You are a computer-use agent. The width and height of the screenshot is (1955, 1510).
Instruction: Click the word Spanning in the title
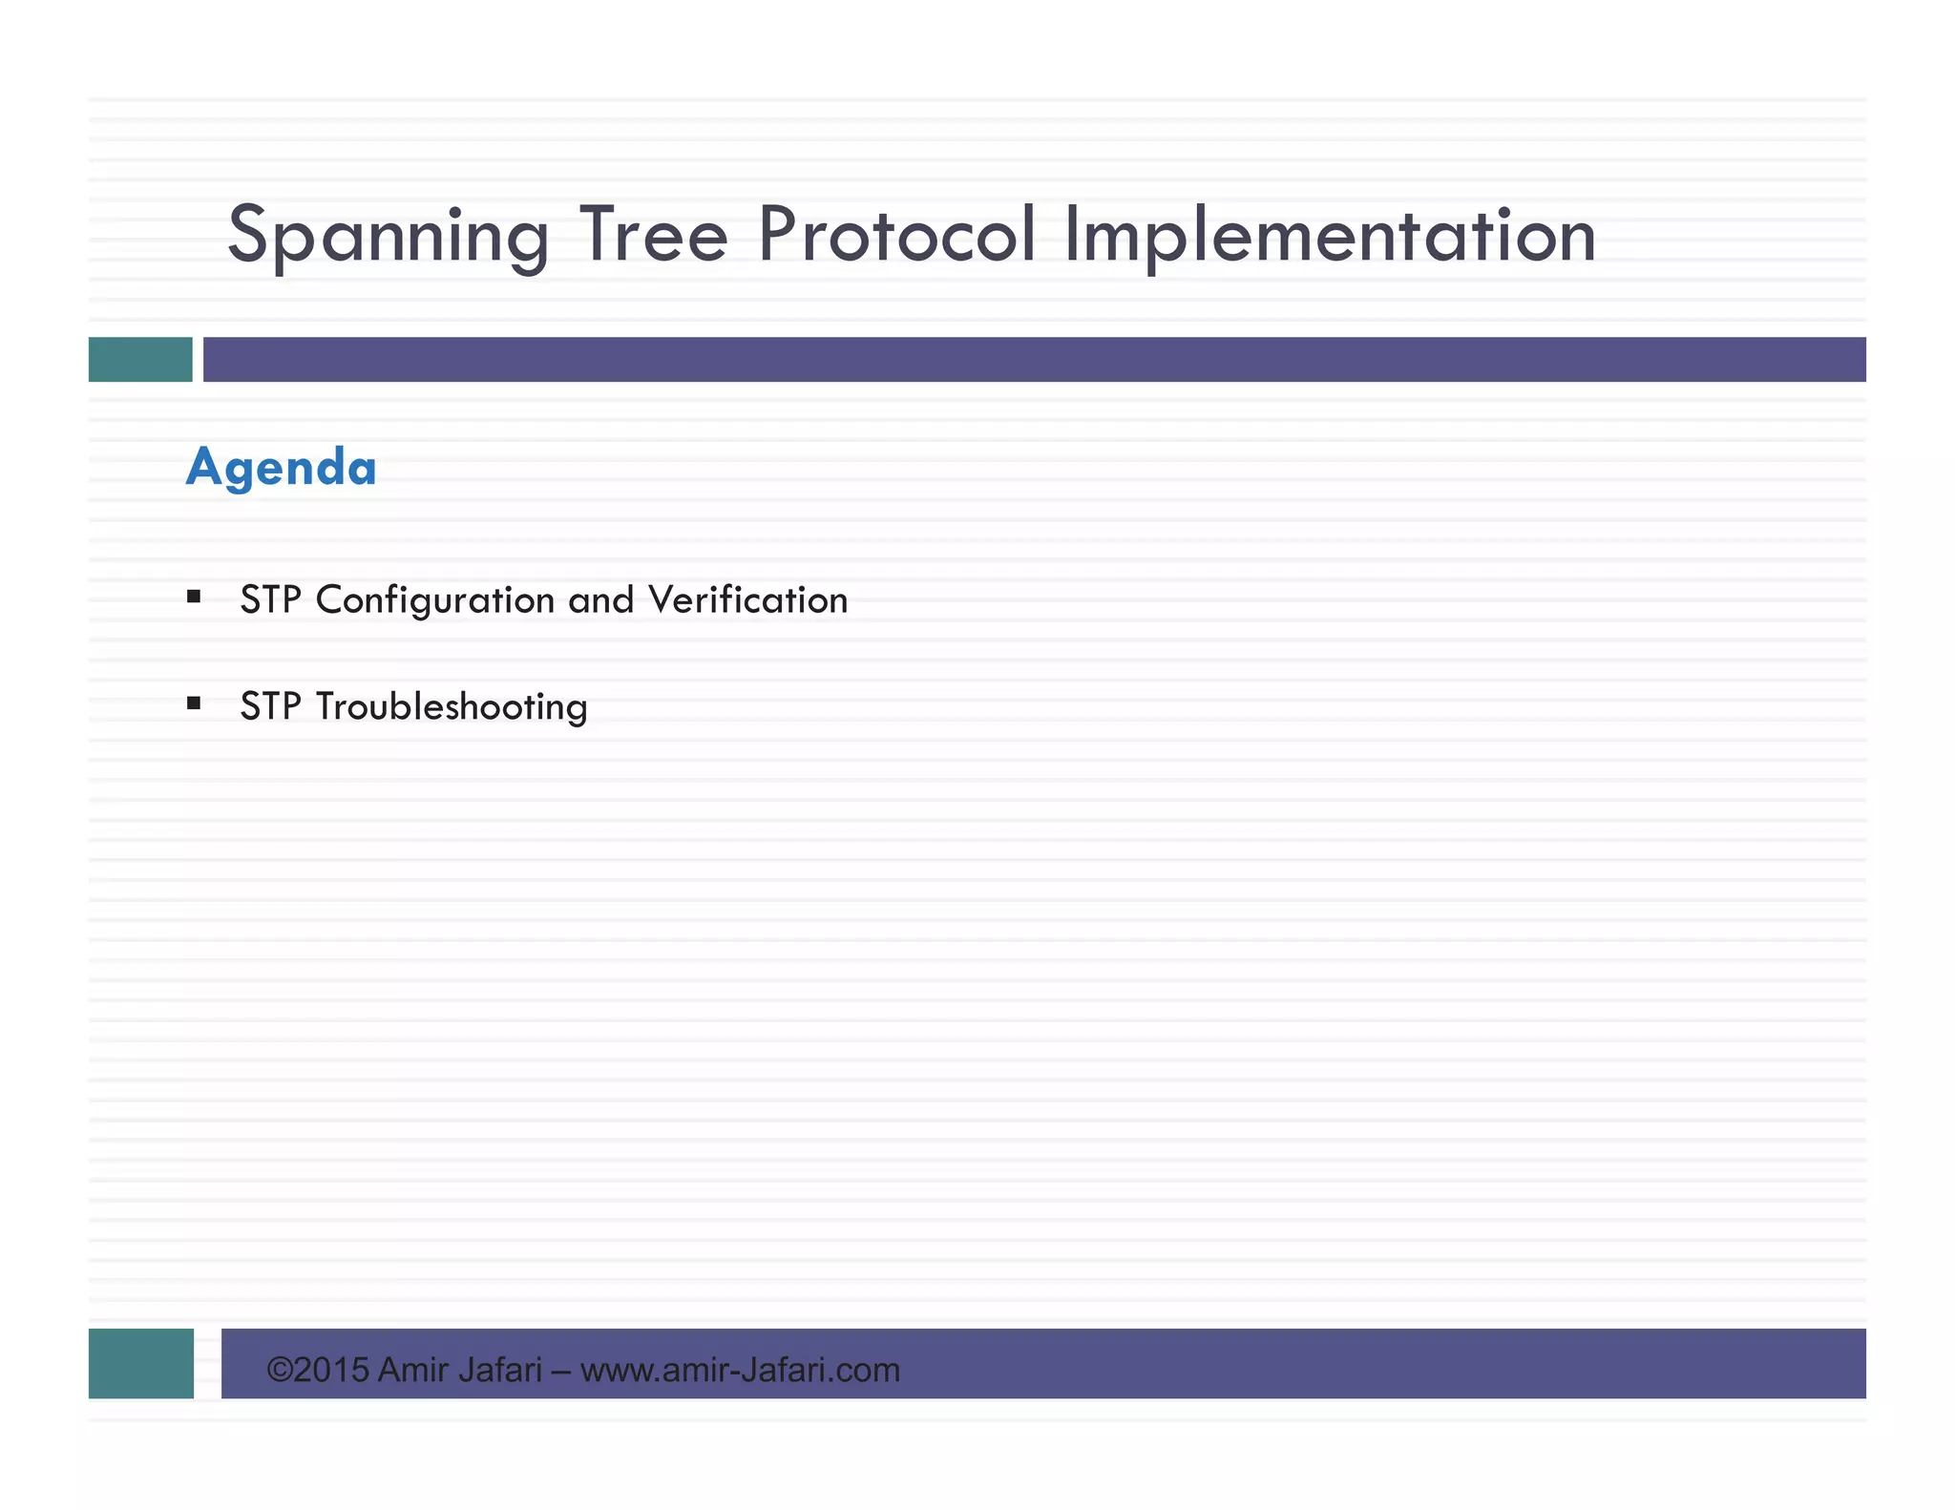click(x=388, y=236)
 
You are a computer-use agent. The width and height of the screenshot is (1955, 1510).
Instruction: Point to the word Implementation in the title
click(x=1329, y=236)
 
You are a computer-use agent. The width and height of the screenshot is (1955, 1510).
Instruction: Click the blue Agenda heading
click(x=282, y=468)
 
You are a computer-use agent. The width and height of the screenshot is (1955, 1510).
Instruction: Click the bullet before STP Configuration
click(x=194, y=598)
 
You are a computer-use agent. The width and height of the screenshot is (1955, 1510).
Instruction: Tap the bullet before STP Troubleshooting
click(x=194, y=704)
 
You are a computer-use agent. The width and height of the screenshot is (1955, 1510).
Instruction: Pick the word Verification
click(x=747, y=600)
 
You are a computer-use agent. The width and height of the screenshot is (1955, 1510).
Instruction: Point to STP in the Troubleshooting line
click(x=270, y=707)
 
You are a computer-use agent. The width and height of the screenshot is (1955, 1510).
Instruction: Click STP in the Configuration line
click(x=270, y=600)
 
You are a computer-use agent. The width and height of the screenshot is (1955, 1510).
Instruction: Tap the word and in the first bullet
click(x=600, y=600)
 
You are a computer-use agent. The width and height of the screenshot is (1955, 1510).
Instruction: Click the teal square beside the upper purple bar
click(x=140, y=359)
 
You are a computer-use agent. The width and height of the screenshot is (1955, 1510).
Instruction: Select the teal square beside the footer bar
click(x=141, y=1363)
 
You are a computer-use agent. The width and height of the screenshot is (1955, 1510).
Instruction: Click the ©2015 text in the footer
click(x=317, y=1371)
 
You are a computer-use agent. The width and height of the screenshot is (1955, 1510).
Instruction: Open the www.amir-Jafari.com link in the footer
click(x=740, y=1371)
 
